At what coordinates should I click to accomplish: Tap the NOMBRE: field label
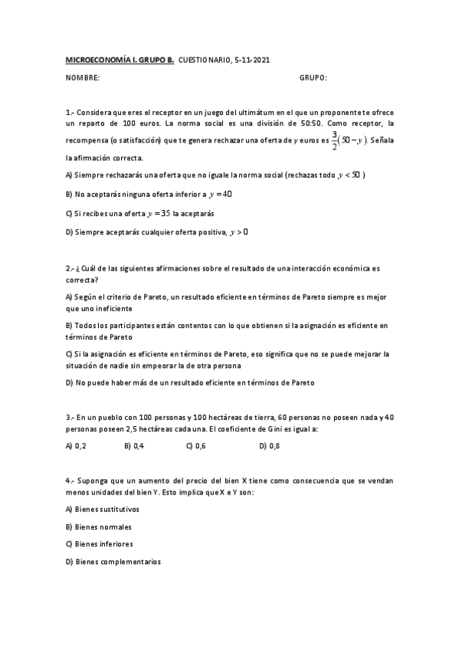coord(83,77)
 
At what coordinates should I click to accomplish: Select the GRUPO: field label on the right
coord(313,77)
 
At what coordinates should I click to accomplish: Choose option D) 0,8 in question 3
coord(269,445)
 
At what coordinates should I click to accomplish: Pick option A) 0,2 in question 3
coord(76,445)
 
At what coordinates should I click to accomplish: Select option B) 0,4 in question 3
coord(134,445)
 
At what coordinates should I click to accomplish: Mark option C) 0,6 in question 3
coord(195,445)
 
